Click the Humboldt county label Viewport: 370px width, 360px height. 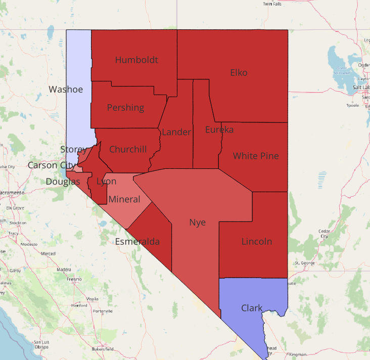[136, 60]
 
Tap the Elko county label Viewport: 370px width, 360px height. [239, 72]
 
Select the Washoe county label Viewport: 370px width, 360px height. [65, 89]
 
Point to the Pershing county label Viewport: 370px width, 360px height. [125, 108]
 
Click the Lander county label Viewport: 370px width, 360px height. [176, 132]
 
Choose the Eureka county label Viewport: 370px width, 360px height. [219, 130]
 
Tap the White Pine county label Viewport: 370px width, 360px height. [256, 156]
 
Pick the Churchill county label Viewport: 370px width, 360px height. [128, 149]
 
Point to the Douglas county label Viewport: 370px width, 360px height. [63, 182]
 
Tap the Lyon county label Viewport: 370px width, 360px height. [106, 182]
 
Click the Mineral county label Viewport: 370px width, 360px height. [124, 199]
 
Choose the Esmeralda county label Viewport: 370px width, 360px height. [137, 242]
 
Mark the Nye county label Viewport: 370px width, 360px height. [197, 222]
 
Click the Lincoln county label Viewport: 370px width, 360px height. [257, 242]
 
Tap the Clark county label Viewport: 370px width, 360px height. [252, 308]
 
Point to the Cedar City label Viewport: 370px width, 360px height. [325, 233]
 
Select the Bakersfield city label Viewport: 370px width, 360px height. [103, 349]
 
